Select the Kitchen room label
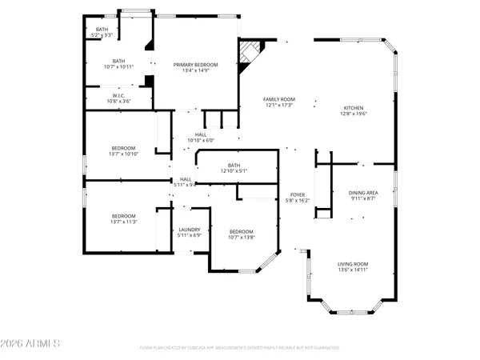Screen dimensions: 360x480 pos(354,108)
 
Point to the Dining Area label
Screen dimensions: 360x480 pos(362,193)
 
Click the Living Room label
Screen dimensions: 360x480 pos(352,264)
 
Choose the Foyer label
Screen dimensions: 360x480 pos(297,194)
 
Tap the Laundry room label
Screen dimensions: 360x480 pos(189,230)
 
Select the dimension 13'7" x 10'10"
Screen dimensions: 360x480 pos(123,154)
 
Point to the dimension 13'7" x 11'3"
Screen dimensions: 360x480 pos(123,222)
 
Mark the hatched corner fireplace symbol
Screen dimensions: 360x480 pos(249,54)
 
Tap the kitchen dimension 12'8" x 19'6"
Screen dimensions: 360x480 pos(354,114)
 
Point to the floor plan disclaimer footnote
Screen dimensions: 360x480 pos(239,348)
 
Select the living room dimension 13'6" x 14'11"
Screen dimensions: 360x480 pos(352,270)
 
